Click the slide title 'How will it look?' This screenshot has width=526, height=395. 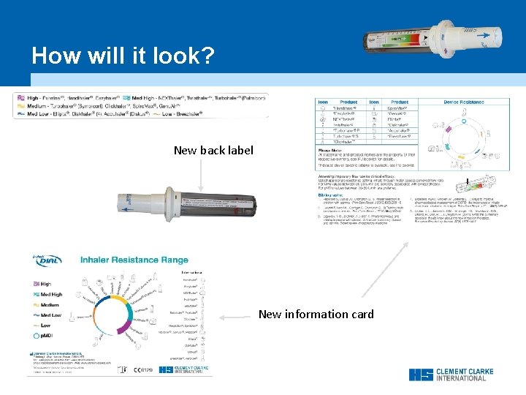click(123, 56)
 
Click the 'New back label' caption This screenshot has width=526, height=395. click(213, 151)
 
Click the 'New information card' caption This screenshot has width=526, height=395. click(316, 315)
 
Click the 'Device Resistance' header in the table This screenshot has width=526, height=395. click(463, 102)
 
